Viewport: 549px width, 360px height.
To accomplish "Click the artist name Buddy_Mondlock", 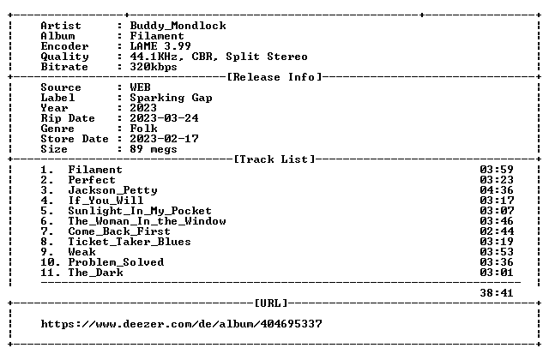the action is click(x=178, y=26).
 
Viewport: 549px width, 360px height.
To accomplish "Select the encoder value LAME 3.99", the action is click(x=160, y=46).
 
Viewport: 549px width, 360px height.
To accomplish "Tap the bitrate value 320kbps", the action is click(x=154, y=67).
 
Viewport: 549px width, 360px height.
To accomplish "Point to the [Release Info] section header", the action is click(x=274, y=77).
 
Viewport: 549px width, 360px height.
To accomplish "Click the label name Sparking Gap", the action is click(x=171, y=98).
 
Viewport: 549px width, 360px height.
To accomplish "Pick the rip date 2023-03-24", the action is click(x=164, y=118).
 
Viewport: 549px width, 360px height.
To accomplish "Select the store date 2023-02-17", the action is click(x=164, y=139).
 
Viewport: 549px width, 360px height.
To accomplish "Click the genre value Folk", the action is click(x=143, y=129).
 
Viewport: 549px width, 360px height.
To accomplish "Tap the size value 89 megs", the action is click(x=154, y=149).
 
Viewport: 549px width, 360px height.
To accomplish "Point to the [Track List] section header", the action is click(x=274, y=159).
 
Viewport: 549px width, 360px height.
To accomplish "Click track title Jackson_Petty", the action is click(x=112, y=190).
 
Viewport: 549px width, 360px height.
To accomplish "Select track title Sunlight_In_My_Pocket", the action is click(x=140, y=211).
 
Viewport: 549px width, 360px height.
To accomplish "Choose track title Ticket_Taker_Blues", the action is click(x=130, y=242).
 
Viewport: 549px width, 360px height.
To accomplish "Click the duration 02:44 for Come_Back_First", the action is click(x=497, y=231).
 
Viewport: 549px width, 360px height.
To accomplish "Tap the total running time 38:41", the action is click(x=497, y=293).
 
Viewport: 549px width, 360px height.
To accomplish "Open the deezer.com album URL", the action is click(x=181, y=324).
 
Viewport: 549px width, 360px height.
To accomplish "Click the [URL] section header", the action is click(x=271, y=303).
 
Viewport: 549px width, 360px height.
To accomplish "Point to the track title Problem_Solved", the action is click(x=116, y=262).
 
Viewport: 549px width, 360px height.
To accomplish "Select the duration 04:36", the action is click(x=497, y=190).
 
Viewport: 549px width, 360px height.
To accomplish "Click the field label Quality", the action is click(x=65, y=57).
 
